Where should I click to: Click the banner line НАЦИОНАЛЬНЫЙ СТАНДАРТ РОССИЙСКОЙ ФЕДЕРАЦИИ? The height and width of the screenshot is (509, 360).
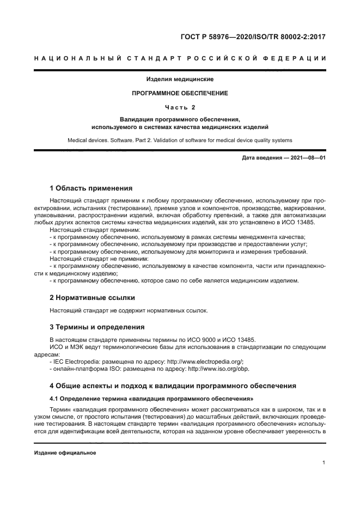pyautogui.click(x=180, y=58)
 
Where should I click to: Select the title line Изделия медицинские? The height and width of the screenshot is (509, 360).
pyautogui.click(x=180, y=79)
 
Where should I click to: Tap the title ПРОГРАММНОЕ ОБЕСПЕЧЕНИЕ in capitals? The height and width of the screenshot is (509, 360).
pyautogui.click(x=180, y=93)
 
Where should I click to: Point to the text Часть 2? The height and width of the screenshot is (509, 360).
pyautogui.click(x=180, y=107)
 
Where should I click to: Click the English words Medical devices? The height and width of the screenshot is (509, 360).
pyautogui.click(x=88, y=140)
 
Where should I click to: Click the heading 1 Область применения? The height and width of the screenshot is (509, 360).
pyautogui.click(x=91, y=188)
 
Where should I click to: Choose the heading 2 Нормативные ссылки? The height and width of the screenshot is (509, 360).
pyautogui.click(x=92, y=298)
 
